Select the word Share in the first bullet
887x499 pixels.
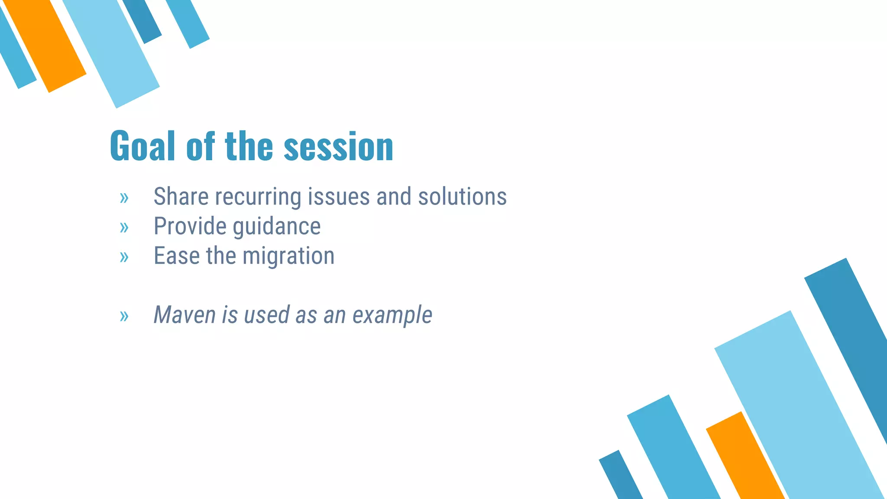click(x=181, y=197)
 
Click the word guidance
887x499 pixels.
click(x=277, y=227)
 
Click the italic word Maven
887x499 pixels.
click(x=185, y=315)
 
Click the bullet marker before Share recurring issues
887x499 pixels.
click(x=124, y=198)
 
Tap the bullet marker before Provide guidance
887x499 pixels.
click(x=124, y=227)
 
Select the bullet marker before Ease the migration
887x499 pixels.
click(x=124, y=257)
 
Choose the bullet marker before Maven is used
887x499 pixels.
click(x=124, y=316)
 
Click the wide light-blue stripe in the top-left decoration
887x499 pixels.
click(x=113, y=52)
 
